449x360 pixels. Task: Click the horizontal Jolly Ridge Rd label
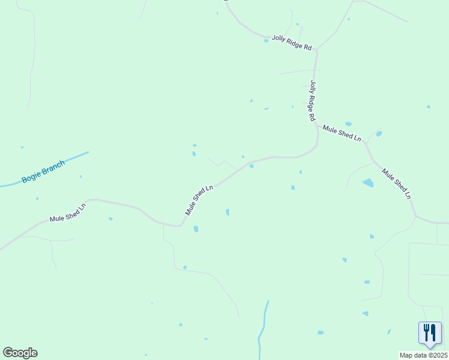(x=292, y=42)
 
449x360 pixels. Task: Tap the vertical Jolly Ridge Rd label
(x=312, y=101)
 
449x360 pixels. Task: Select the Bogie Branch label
(x=43, y=171)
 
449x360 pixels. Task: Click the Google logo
(x=20, y=353)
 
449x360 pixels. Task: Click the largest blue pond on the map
(x=367, y=182)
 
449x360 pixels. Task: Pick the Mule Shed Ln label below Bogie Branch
(x=68, y=212)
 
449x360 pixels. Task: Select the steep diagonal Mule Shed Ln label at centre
(x=199, y=200)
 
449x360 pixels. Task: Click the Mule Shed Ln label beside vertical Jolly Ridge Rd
(x=342, y=133)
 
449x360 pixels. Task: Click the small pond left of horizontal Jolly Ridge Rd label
(x=266, y=41)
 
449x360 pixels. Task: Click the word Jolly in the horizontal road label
(x=279, y=38)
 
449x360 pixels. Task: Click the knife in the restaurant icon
(x=433, y=333)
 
